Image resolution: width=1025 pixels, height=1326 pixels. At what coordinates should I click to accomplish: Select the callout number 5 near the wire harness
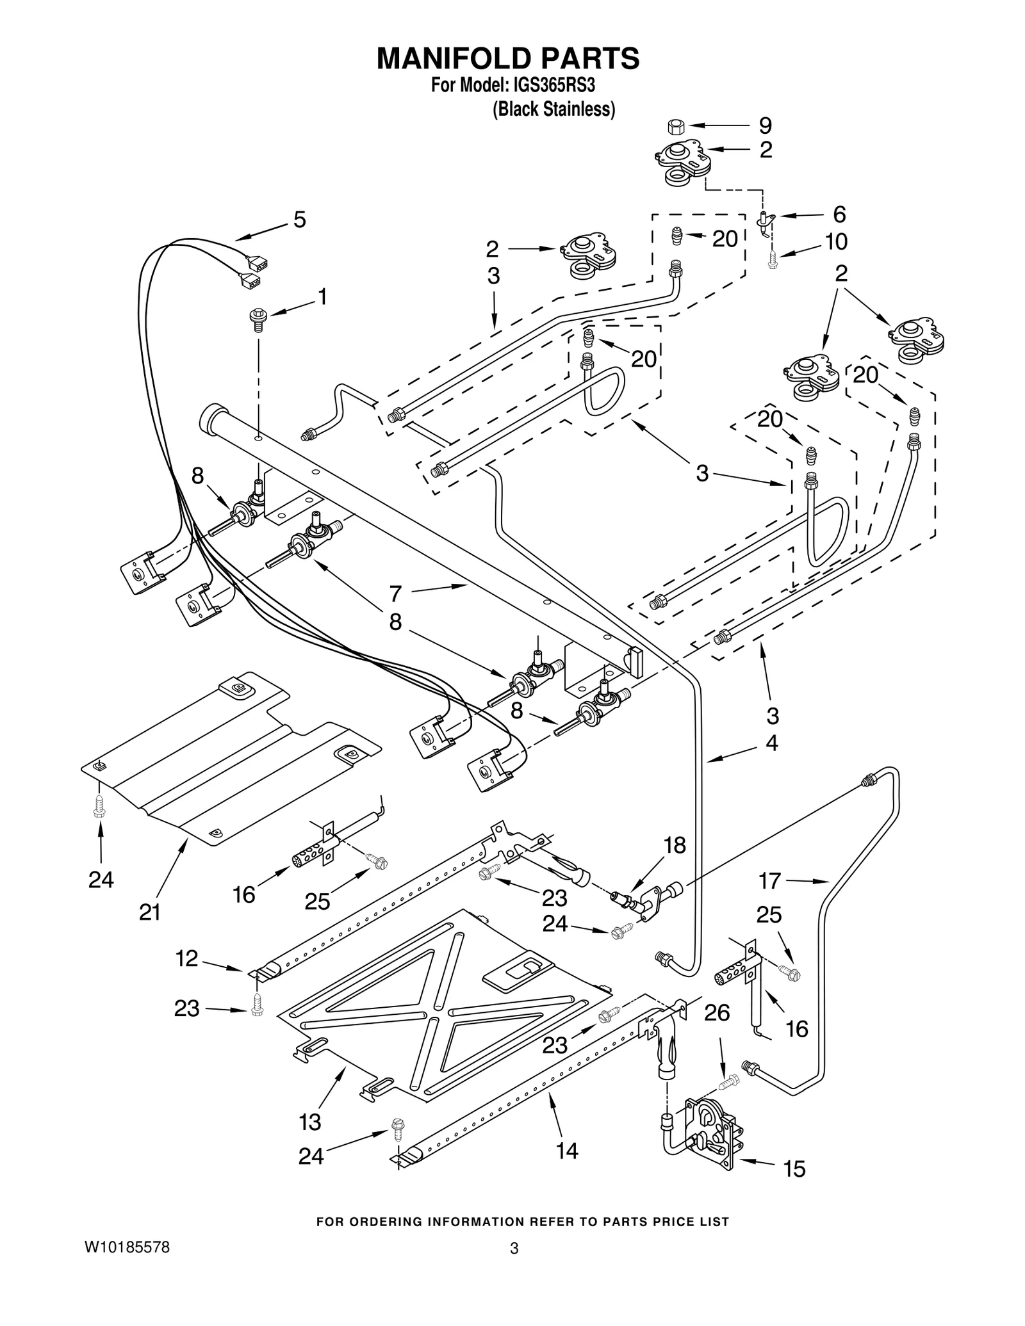pos(299,220)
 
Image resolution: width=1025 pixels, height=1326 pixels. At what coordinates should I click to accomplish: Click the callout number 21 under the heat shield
pos(150,912)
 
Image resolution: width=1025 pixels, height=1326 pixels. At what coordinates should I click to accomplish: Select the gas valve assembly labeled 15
pos(711,1133)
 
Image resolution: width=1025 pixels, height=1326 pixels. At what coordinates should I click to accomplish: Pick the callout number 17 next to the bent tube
pos(769,881)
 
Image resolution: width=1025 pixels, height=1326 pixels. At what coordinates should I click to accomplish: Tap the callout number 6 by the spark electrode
pos(839,213)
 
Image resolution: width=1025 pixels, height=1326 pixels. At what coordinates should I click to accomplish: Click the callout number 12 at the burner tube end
pos(187,958)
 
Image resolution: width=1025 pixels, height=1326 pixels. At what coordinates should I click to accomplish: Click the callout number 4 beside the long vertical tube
pos(771,743)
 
